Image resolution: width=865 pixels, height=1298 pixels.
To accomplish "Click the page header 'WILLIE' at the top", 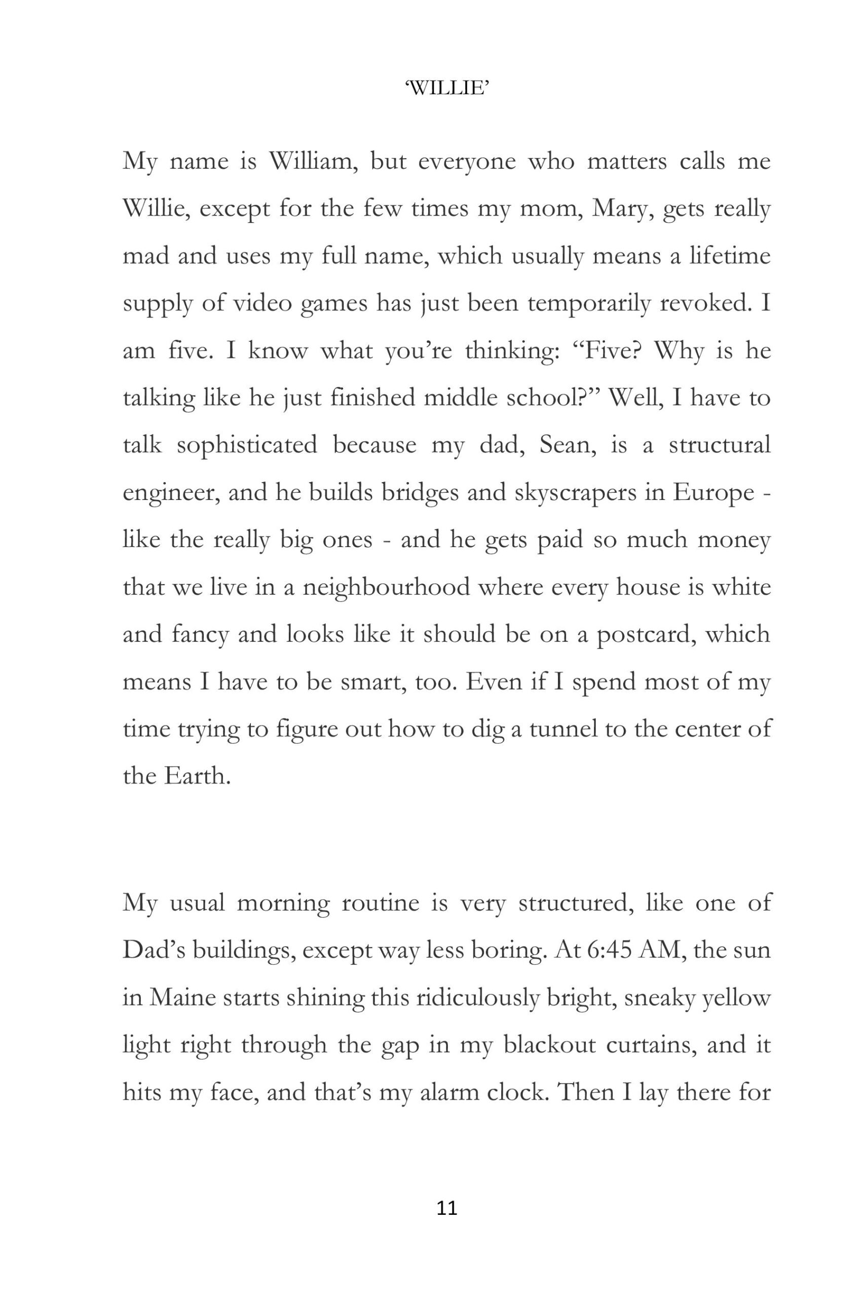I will (447, 88).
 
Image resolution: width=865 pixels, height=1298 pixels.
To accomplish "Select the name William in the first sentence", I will (313, 161).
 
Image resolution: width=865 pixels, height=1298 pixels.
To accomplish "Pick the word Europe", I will (713, 492).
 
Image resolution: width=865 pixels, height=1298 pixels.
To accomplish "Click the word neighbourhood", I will (386, 587).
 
